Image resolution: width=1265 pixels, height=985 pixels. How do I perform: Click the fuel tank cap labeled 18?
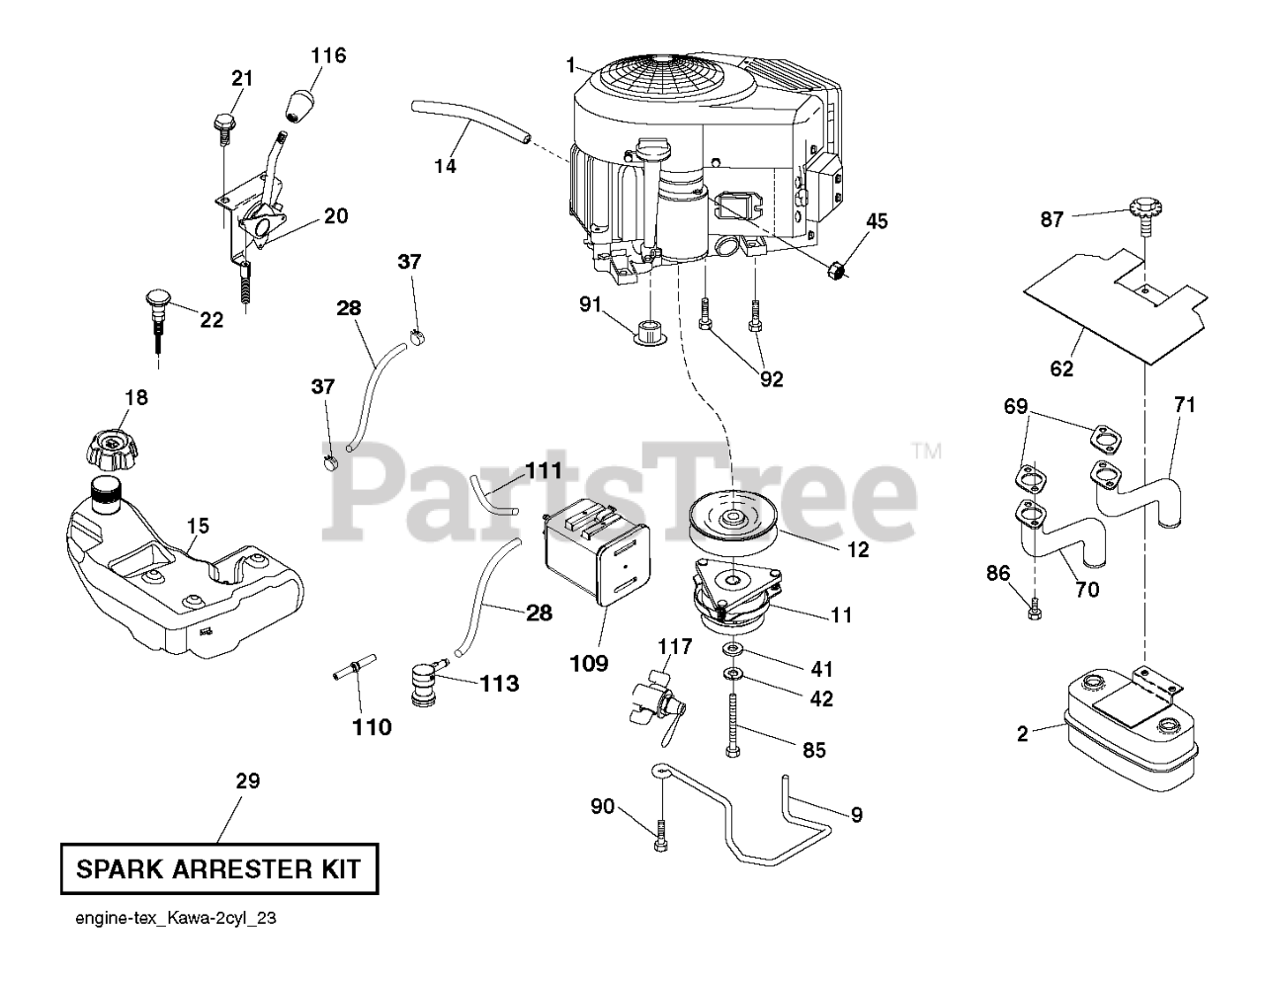[117, 451]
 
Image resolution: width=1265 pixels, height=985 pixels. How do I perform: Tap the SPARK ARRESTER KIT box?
[218, 869]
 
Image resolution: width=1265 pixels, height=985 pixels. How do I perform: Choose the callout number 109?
[588, 664]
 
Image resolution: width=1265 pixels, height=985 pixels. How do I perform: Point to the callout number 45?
[877, 222]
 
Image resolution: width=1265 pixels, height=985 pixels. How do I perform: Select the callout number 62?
[1062, 369]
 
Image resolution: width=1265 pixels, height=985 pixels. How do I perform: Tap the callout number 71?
[1185, 404]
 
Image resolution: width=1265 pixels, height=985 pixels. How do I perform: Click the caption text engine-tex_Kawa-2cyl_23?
[175, 918]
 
